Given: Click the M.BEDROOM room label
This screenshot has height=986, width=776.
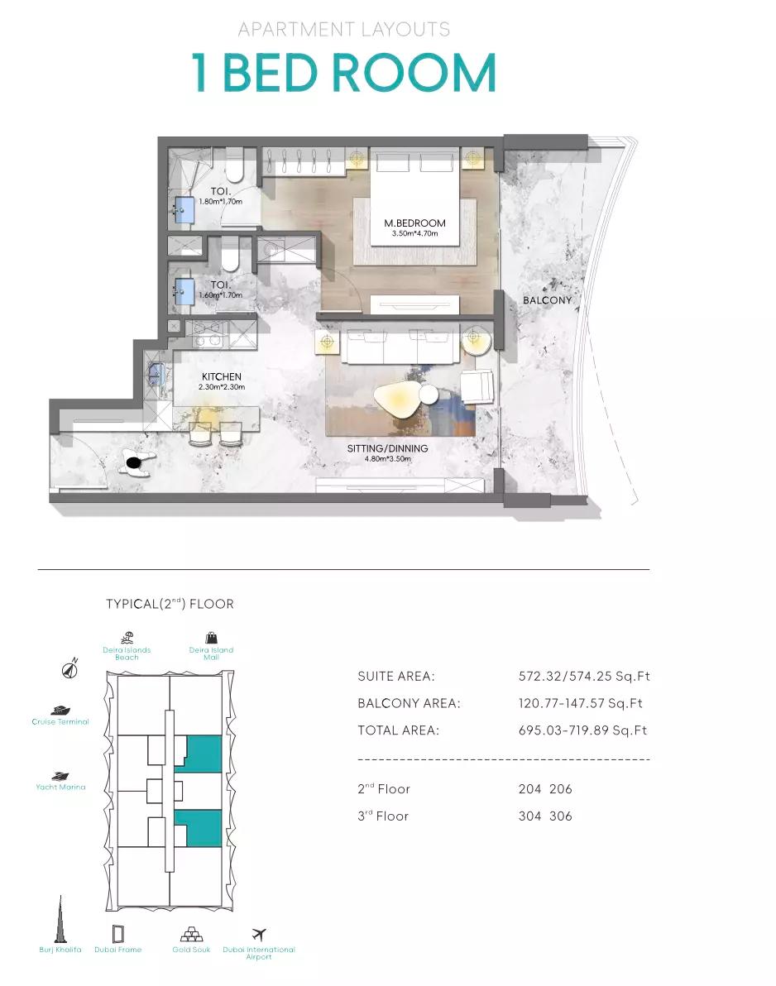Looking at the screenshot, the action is click(x=414, y=223).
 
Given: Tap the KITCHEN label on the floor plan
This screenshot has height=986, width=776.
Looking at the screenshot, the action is click(x=222, y=376).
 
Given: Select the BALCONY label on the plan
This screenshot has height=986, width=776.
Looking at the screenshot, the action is click(x=547, y=300).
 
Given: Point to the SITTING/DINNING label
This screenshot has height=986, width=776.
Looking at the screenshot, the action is click(x=387, y=448).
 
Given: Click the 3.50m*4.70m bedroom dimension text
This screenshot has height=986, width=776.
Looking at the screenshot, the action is click(x=414, y=234).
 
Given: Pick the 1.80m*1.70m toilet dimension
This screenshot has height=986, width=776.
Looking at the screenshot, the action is click(x=220, y=202).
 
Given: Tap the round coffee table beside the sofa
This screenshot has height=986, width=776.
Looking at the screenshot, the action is click(x=429, y=395).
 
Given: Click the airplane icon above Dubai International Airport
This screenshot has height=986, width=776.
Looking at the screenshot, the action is click(x=258, y=934).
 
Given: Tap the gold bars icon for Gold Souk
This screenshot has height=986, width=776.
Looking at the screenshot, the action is click(x=191, y=934).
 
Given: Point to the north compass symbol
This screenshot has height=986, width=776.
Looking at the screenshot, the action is click(x=69, y=668).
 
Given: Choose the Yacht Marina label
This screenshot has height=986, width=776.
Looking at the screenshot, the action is click(x=60, y=787).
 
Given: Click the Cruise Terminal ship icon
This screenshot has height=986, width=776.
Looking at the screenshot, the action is click(x=60, y=711).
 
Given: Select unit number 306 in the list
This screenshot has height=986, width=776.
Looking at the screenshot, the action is click(x=560, y=816).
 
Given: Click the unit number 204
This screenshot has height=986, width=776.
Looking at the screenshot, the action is click(x=529, y=789).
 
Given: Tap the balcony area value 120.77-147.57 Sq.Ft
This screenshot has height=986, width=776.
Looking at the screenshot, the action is click(x=581, y=704).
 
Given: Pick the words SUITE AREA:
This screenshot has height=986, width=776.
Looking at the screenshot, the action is click(x=396, y=677).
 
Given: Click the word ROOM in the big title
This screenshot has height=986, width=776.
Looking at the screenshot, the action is click(x=414, y=72).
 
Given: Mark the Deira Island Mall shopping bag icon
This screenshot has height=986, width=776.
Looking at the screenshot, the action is click(x=211, y=638).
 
